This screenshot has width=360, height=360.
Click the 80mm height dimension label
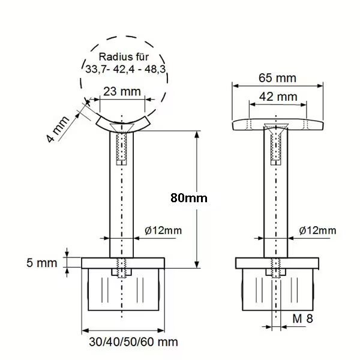coord(189,198)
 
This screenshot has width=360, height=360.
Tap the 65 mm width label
coord(277,78)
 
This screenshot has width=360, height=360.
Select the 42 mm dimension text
coord(278,97)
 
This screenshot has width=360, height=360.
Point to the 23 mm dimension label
coord(122,91)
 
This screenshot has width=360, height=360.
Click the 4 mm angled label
coord(58,129)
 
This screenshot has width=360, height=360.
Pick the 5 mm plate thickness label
coord(42,263)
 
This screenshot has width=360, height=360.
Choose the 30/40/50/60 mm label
coord(133,342)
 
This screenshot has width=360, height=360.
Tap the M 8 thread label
coord(302,319)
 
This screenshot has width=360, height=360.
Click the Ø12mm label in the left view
coord(163,230)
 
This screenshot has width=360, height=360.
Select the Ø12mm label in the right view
coord(317,230)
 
